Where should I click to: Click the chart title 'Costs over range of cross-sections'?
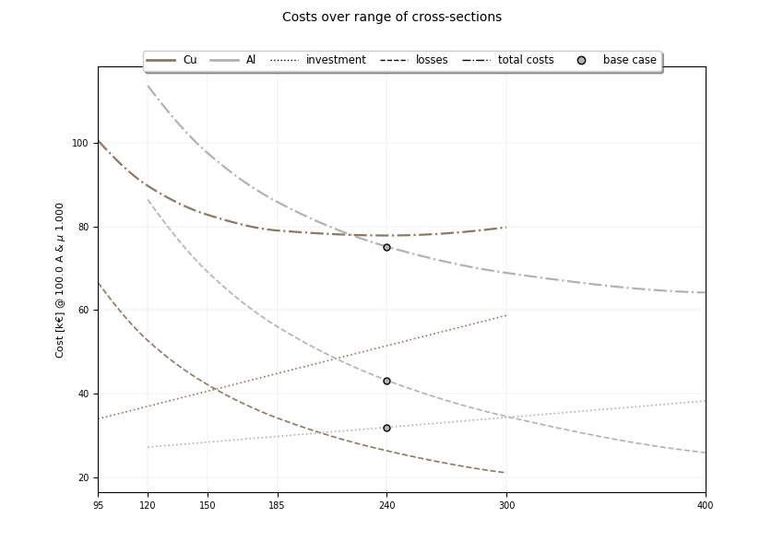(392, 18)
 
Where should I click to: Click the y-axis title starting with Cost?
(60, 279)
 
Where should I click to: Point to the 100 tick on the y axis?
(80, 143)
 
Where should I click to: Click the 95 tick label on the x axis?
(99, 505)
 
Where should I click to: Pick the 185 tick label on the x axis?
(277, 505)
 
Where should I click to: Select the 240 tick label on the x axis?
(386, 505)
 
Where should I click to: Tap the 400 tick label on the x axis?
(706, 505)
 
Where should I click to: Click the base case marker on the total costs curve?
(386, 247)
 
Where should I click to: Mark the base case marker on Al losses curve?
(386, 381)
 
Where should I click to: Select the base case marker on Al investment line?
(386, 428)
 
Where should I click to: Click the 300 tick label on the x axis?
(506, 505)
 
